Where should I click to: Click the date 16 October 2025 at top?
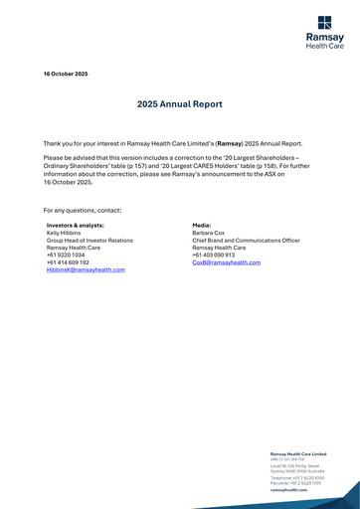[66, 75]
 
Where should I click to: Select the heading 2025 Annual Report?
[179, 104]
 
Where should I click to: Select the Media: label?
[202, 226]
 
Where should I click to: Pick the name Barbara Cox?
[210, 234]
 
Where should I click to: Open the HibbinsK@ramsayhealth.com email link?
[86, 270]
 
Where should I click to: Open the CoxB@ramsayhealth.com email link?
[226, 262]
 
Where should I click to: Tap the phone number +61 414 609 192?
[69, 262]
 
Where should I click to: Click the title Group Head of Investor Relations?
[90, 241]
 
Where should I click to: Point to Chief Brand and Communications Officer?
[246, 241]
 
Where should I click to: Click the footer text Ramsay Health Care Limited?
[298, 454]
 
